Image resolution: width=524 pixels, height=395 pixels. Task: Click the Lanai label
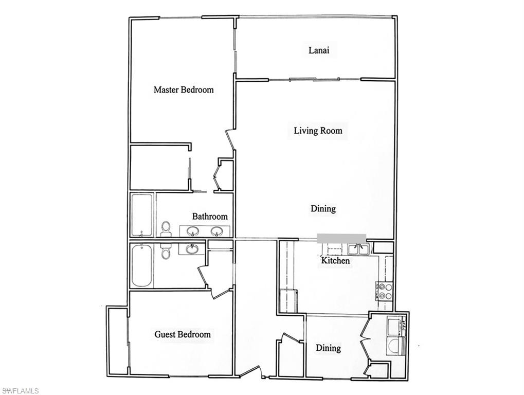pyautogui.click(x=318, y=50)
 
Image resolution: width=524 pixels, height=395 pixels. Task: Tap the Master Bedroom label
pyautogui.click(x=184, y=90)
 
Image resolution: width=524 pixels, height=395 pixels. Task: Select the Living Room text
pyautogui.click(x=318, y=131)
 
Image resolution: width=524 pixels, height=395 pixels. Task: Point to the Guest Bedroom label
pyautogui.click(x=183, y=335)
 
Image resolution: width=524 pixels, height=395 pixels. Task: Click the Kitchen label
pyautogui.click(x=335, y=261)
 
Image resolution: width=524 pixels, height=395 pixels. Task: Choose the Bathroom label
pyautogui.click(x=210, y=217)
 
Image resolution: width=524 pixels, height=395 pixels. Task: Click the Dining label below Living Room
pyautogui.click(x=323, y=209)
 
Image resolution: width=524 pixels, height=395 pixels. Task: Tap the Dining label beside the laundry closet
pyautogui.click(x=328, y=348)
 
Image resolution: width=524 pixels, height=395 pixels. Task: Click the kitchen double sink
pyautogui.click(x=358, y=249)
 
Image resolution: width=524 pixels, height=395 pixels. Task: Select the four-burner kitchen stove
pyautogui.click(x=386, y=291)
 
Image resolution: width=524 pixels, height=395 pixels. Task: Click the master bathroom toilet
pyautogui.click(x=166, y=229)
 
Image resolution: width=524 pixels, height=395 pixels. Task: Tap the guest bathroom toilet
pyautogui.click(x=166, y=251)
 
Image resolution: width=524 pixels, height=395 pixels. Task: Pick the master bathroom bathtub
pyautogui.click(x=141, y=215)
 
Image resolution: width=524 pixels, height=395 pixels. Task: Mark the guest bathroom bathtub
pyautogui.click(x=141, y=265)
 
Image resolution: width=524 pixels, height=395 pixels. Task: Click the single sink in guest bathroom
pyautogui.click(x=192, y=249)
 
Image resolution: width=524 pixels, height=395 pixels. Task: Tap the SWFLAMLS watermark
pyautogui.click(x=20, y=391)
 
